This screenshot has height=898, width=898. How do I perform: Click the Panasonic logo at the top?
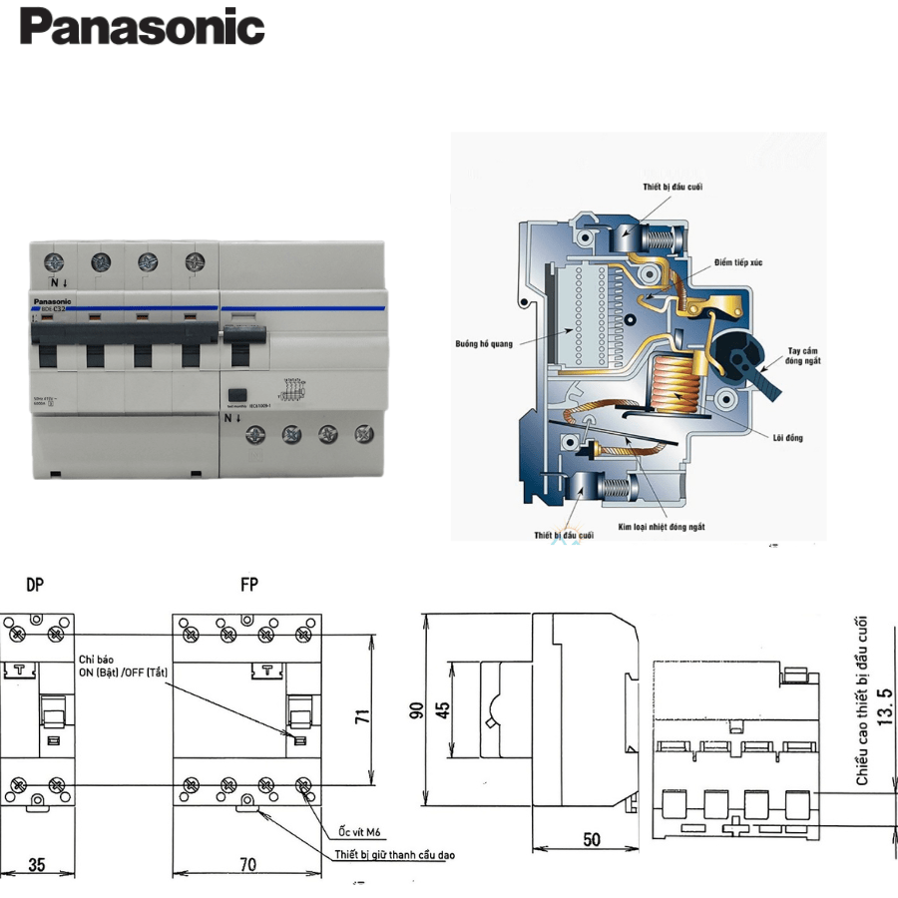(142, 27)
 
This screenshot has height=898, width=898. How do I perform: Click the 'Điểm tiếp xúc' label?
(740, 261)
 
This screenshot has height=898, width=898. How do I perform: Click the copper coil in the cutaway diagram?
(676, 384)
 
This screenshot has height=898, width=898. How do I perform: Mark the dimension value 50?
(593, 840)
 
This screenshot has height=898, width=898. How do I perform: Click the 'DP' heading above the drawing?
(35, 585)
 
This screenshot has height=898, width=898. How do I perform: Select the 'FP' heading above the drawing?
(248, 585)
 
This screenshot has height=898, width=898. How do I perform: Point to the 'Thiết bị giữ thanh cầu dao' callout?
(396, 855)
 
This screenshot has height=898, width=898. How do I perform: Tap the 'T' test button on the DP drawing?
(18, 669)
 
